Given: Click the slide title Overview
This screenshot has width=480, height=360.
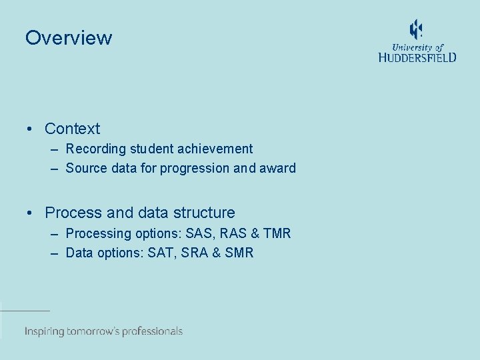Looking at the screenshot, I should pyautogui.click(x=69, y=38).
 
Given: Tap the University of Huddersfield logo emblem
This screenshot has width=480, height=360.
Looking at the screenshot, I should pyautogui.click(x=416, y=30).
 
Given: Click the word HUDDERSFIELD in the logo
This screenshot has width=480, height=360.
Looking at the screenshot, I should pyautogui.click(x=417, y=58).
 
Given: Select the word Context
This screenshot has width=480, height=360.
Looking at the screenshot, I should pyautogui.click(x=72, y=129).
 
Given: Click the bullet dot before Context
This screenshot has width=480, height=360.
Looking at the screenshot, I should pyautogui.click(x=31, y=129).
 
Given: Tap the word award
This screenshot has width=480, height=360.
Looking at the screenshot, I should pyautogui.click(x=278, y=168).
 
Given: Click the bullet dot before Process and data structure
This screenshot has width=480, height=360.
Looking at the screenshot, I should pyautogui.click(x=31, y=213).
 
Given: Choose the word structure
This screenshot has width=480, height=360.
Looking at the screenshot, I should pyautogui.click(x=204, y=213).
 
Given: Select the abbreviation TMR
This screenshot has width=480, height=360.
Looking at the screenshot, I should pyautogui.click(x=277, y=233).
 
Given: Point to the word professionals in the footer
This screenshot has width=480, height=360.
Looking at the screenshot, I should pyautogui.click(x=149, y=331).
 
